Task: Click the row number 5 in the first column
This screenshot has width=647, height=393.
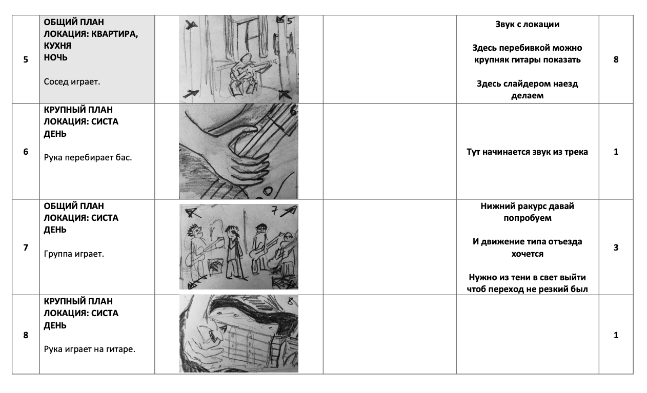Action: pos(26,59)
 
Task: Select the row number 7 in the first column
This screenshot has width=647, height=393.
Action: pos(26,247)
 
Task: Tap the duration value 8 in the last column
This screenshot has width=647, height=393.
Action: pos(616,59)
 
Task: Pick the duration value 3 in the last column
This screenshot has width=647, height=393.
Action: pos(616,247)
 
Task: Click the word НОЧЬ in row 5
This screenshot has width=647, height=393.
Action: pos(55,57)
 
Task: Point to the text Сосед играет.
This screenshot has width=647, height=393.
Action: pos(72,81)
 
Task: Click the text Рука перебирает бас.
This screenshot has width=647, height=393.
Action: pos(88,157)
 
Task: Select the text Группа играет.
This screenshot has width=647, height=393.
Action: pos(74,254)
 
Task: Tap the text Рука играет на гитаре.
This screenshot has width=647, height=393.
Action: pos(90,349)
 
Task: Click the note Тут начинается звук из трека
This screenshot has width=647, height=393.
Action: pos(527,152)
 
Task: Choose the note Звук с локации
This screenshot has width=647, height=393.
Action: pos(527,24)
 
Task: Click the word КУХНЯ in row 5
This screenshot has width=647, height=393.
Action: pos(57,46)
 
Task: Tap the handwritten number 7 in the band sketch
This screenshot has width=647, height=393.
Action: pos(274,211)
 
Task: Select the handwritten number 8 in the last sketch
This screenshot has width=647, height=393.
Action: pos(290,301)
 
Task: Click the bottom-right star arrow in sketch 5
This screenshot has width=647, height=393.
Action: pos(284,94)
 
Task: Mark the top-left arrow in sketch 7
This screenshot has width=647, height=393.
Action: pos(191,213)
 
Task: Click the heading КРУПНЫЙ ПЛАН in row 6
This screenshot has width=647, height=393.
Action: pos(78,110)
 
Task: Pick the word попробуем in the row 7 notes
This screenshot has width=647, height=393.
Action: pos(528,218)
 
